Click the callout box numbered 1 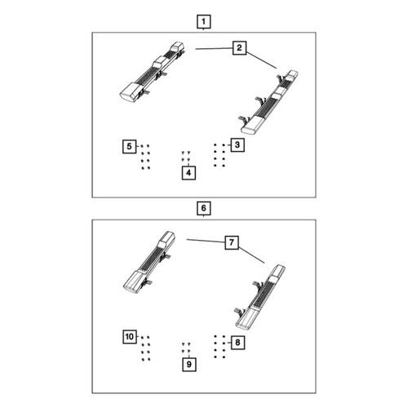coord(204,21)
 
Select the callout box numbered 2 coord(239,48)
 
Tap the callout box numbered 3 coord(237,145)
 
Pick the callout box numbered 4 coord(188,173)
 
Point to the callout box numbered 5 coord(130,146)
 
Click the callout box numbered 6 coord(204,208)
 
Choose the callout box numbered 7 coord(232,242)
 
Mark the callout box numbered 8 coord(237,343)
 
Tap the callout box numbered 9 coord(189,364)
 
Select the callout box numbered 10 coord(130,337)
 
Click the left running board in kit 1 coord(153,72)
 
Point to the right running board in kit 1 coord(269,102)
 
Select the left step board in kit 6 coord(149,263)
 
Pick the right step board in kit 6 coord(259,298)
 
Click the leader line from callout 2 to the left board coord(214,48)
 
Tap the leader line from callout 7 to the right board coord(251,255)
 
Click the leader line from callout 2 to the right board coord(261,60)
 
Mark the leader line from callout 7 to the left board coord(206,241)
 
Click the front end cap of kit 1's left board coord(130,92)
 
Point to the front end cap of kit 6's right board coord(246,320)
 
